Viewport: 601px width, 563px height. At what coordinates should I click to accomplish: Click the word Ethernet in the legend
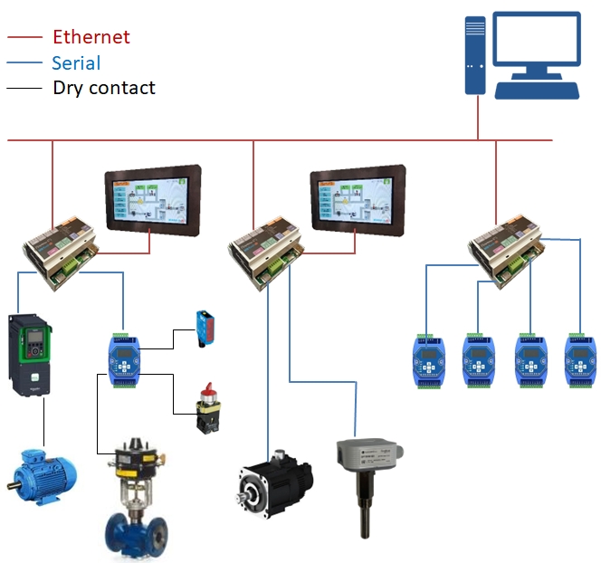pos(91,37)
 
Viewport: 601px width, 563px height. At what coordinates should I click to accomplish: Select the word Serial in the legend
pos(76,62)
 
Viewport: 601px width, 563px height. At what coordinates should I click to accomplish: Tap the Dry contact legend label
pos(104,88)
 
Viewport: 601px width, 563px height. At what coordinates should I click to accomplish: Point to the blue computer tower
pos(475,54)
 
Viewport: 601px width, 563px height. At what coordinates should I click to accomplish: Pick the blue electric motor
pos(41,474)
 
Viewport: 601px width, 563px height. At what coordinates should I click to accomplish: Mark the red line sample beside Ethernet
pos(25,37)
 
